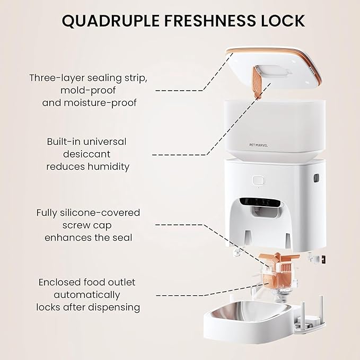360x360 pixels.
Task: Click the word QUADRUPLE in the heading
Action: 110,21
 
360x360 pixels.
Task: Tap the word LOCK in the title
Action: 283,21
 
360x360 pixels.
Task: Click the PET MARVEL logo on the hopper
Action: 258,145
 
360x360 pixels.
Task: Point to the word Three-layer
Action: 57,78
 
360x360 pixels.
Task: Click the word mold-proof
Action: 88,91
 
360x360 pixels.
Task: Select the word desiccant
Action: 87,154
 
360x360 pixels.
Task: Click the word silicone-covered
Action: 100,213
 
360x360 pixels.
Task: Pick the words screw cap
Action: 87,225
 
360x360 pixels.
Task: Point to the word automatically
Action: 87,295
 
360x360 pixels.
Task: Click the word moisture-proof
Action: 90,103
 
